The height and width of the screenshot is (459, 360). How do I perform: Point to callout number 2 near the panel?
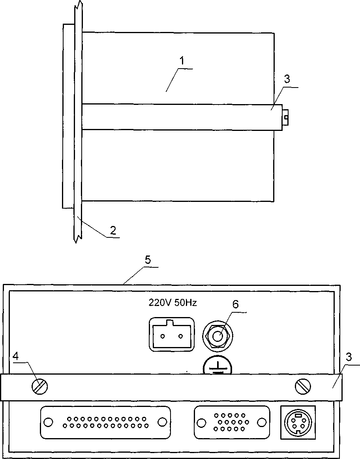[113, 231]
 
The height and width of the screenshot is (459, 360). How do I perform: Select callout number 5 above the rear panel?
[148, 260]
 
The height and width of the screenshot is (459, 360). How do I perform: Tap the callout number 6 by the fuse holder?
[235, 304]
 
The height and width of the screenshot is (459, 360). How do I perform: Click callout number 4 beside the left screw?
[16, 356]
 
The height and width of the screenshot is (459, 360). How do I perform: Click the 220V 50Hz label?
[172, 303]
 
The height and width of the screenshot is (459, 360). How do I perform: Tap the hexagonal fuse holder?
[217, 336]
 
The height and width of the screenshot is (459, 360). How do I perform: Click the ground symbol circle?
[217, 366]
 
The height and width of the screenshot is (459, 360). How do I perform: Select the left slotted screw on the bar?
[39, 386]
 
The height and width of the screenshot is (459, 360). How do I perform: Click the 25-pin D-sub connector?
[105, 422]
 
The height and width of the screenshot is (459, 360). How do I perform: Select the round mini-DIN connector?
[298, 422]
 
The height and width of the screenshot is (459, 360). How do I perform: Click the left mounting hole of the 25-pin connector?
[48, 422]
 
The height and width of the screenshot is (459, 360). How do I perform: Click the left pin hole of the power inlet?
[162, 336]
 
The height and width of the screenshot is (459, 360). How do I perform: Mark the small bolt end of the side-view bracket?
[286, 116]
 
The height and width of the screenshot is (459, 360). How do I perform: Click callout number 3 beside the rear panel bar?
[348, 357]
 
